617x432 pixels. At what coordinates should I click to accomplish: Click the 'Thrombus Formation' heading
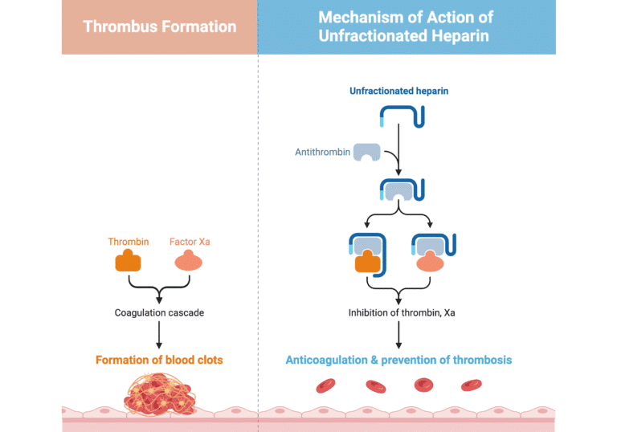click(x=160, y=26)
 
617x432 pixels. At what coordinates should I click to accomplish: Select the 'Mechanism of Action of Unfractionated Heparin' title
click(x=406, y=26)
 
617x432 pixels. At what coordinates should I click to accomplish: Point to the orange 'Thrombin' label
click(x=129, y=242)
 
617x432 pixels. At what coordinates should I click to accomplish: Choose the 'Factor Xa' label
click(x=190, y=242)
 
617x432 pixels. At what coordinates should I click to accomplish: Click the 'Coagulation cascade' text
click(x=159, y=312)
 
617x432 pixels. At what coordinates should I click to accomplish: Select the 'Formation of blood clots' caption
click(x=159, y=360)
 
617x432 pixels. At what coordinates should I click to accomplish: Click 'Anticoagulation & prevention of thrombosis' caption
click(x=398, y=360)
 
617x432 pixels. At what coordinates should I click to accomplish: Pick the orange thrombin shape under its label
click(x=129, y=261)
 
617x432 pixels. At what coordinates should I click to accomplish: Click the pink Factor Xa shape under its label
click(x=190, y=261)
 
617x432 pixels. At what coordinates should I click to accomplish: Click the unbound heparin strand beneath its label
click(x=401, y=117)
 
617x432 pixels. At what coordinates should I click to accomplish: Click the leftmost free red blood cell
click(x=325, y=386)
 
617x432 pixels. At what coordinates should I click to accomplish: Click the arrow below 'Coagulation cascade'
click(x=159, y=333)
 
